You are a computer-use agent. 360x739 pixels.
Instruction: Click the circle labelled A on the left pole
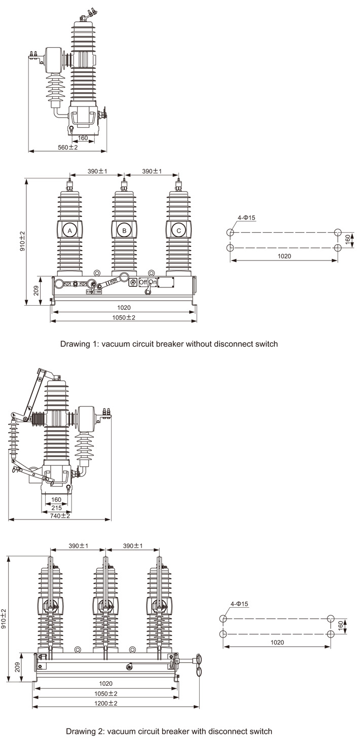click(x=69, y=231)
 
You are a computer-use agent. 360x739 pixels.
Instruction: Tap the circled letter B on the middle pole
click(x=124, y=231)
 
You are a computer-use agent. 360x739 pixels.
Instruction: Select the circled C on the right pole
click(x=178, y=231)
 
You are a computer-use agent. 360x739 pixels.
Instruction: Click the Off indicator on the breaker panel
click(x=142, y=281)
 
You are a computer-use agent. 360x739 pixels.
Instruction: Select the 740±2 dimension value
click(x=60, y=515)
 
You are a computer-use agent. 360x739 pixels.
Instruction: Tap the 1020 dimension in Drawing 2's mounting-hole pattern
click(x=277, y=642)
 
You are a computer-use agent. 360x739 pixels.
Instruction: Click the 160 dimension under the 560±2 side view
click(x=83, y=137)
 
